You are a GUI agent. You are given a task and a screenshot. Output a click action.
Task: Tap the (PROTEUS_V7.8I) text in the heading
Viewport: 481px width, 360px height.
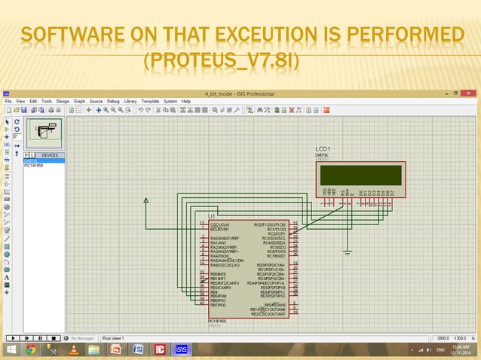(x=221, y=59)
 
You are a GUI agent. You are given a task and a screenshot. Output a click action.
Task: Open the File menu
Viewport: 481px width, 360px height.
(x=9, y=101)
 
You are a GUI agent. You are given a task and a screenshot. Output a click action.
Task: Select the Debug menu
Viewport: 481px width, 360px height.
(x=113, y=101)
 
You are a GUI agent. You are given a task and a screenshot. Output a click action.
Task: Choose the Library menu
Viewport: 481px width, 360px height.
(x=131, y=101)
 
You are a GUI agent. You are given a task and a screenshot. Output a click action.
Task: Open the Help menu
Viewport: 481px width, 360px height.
(x=186, y=101)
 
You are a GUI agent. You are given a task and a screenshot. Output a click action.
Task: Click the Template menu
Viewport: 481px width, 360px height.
(x=151, y=101)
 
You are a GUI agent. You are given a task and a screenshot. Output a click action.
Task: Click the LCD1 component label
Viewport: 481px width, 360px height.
(x=323, y=148)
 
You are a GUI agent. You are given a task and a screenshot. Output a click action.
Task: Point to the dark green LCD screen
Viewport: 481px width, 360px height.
(x=360, y=175)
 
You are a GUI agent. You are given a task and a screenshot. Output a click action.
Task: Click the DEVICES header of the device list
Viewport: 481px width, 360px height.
(x=50, y=155)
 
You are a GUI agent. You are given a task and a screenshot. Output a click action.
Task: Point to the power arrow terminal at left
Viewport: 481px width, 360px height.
(x=146, y=200)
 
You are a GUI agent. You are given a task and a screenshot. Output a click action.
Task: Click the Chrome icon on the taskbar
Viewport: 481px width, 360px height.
(x=31, y=349)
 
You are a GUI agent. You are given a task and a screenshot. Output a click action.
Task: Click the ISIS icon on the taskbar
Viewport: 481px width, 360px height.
(x=182, y=349)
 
